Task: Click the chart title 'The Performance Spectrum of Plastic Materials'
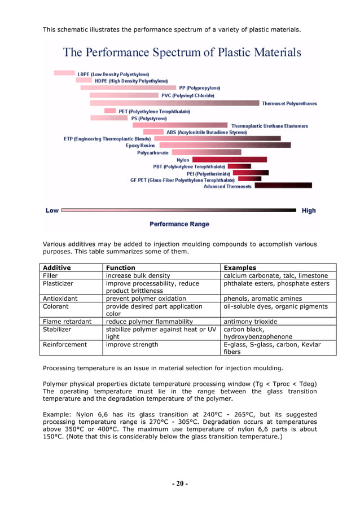pos(182,52)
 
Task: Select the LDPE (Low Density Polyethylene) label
pos(113,74)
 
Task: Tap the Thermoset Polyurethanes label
pos(289,103)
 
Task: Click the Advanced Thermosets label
pos(227,186)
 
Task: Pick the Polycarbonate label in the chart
pos(152,152)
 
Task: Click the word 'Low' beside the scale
pos(52,210)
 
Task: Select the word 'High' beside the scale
pos(309,210)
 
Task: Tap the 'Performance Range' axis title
pos(179,224)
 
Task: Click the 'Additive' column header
pos(57,267)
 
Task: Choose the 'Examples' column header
pos(240,267)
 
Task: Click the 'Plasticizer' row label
pos(59,283)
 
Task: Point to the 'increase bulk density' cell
pos(138,275)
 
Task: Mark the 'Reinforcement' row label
pos(65,344)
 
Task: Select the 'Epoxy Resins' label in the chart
pos(141,145)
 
